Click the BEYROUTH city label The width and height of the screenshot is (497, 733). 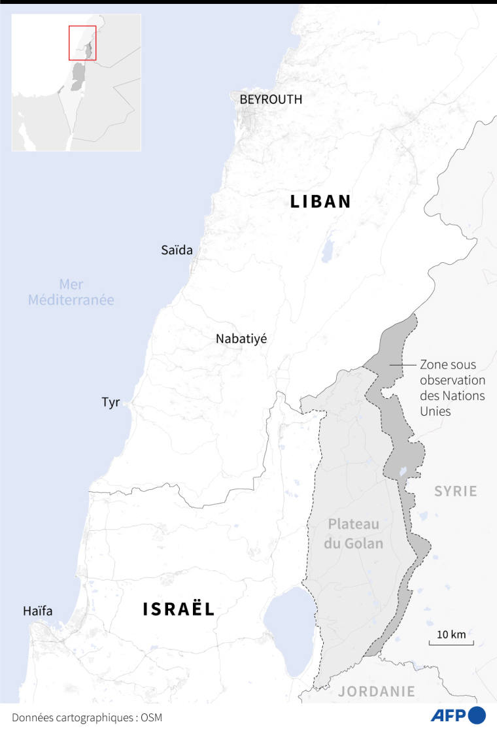coord(271,99)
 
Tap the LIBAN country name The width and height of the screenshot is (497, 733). coord(321,202)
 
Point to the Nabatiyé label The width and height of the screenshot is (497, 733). coord(241,339)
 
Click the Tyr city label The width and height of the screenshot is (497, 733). coord(111,402)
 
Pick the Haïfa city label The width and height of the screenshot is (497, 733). coord(37,611)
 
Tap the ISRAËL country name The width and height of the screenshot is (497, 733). coord(179,609)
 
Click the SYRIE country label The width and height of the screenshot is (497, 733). coord(456,491)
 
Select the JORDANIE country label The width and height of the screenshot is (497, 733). coord(377,691)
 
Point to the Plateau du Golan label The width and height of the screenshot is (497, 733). coord(354,534)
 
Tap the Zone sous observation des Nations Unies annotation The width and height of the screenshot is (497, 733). coord(452,388)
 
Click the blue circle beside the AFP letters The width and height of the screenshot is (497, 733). coord(477,715)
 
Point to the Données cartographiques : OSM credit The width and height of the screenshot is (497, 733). coord(86,717)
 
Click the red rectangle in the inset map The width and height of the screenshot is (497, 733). coord(82,43)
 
